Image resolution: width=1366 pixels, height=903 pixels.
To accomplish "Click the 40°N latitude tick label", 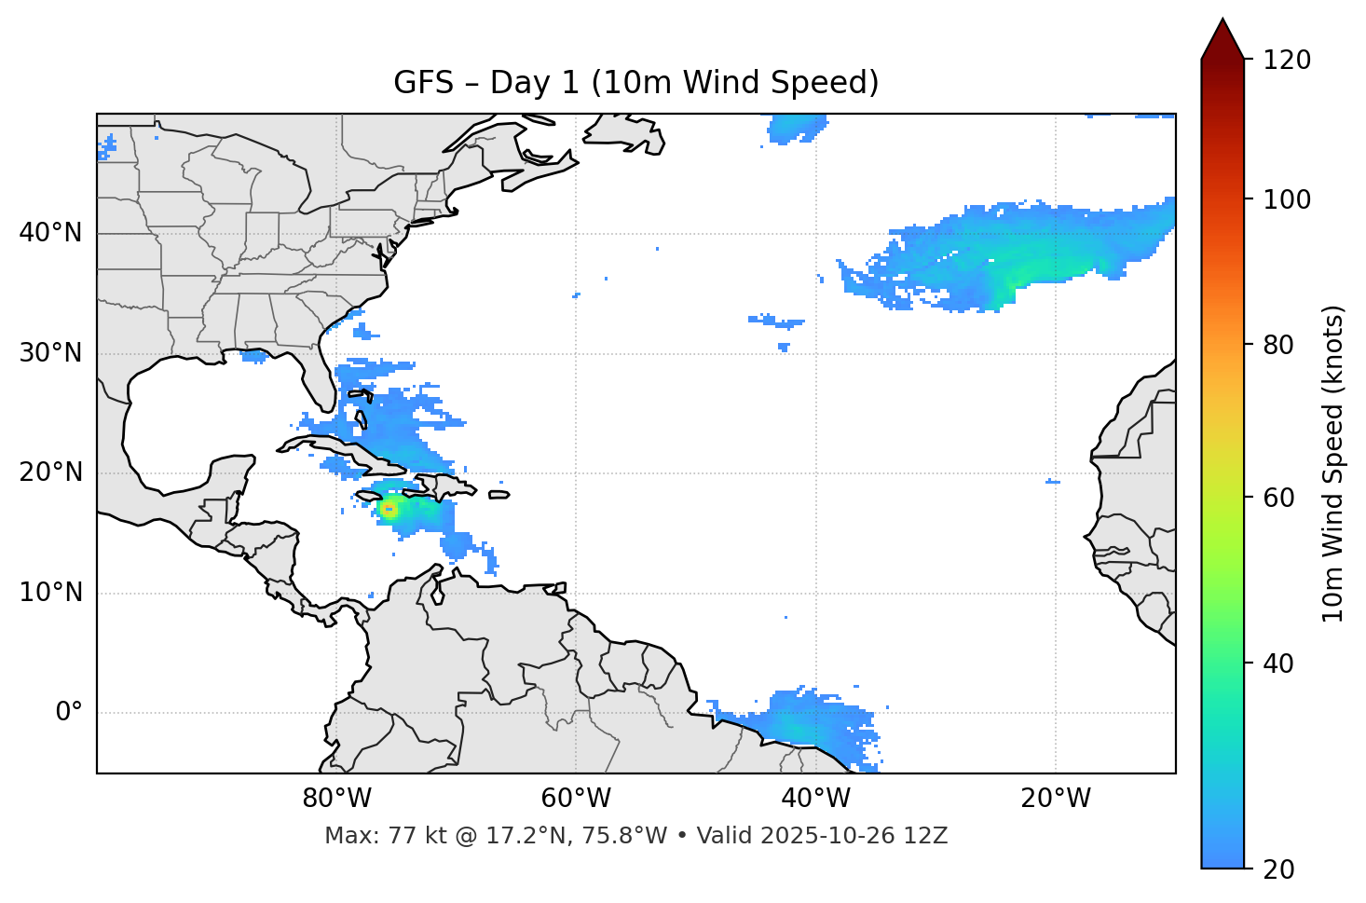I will coord(50,233).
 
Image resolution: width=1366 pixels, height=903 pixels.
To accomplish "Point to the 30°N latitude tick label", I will coord(50,353).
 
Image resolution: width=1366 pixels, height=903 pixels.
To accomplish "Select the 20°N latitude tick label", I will coord(50,472).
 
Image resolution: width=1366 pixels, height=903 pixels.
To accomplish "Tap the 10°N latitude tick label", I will coord(50,593).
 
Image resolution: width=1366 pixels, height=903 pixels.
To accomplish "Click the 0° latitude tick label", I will coord(69,713).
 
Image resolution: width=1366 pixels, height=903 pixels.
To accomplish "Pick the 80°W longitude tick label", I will coord(336,799).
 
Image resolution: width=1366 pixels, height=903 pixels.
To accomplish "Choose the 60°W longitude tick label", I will coord(576,799).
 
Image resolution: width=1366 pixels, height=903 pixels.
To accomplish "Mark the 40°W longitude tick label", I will coord(815,799).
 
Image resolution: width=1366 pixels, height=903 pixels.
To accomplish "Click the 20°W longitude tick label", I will coord(1056,799).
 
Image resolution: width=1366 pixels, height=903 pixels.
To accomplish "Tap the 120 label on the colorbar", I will coord(1286,61).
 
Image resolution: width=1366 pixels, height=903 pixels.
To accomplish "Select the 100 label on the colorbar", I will coord(1286,199).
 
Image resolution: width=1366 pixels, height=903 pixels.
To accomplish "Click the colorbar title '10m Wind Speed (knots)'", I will coord(1333,464).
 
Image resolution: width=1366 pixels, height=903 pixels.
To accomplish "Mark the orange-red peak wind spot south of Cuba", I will coord(389,509).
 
